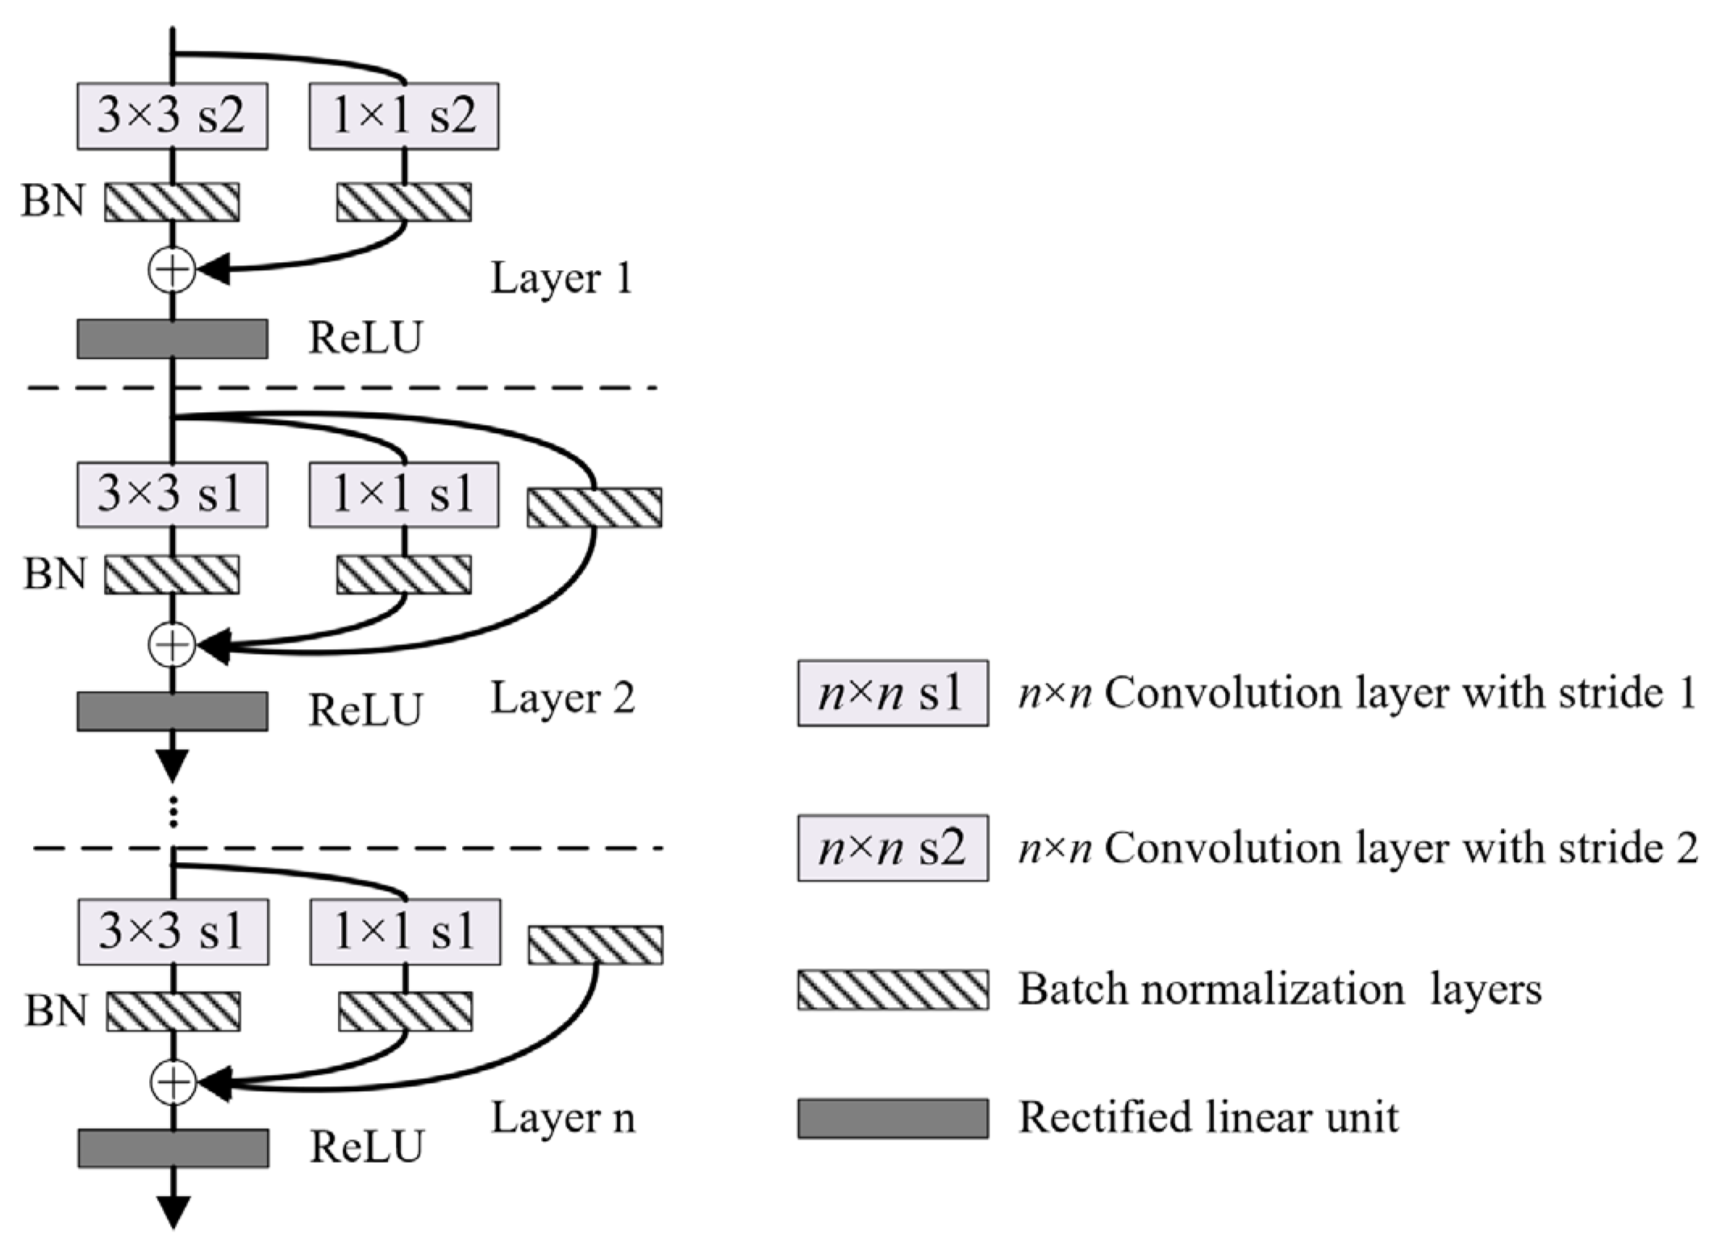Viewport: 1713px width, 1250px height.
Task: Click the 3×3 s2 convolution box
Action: pos(172,116)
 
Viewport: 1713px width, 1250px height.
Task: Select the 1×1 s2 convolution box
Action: pos(403,116)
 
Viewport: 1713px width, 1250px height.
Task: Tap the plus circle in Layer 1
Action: pos(172,270)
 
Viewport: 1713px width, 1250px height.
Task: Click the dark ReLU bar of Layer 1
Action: pos(172,339)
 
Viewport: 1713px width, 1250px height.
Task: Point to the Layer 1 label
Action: pos(561,279)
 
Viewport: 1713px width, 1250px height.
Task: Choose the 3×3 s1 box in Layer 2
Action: pos(172,494)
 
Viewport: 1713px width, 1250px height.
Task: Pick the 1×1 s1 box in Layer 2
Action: pos(403,494)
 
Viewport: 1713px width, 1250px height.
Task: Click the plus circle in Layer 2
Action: pos(172,644)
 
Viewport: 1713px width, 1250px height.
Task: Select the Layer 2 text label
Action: pos(562,698)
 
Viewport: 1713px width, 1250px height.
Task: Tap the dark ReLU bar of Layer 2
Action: pos(172,710)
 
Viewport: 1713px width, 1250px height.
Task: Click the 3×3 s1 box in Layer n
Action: pos(173,932)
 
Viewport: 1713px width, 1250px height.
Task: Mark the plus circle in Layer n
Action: pos(173,1082)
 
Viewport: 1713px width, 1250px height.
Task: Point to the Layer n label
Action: pos(562,1119)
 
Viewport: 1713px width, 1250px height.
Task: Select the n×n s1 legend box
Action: pos(893,694)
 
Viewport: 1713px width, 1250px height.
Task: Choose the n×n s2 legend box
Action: pos(893,848)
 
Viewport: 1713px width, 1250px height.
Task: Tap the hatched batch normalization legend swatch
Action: pos(893,990)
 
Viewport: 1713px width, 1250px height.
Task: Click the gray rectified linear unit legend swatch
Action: pos(893,1118)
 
